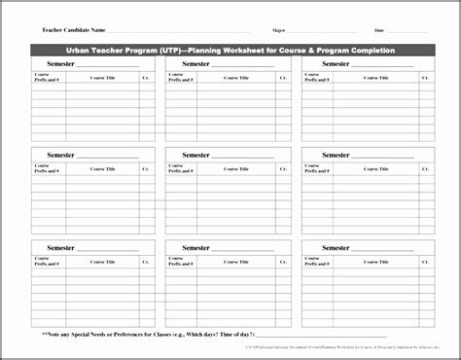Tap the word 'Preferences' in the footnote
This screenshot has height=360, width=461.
click(199, 336)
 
